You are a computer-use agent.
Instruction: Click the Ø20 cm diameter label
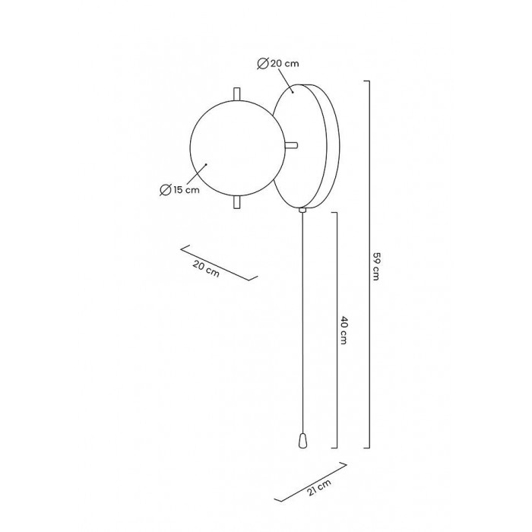(x=278, y=63)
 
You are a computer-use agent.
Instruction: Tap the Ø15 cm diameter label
(x=179, y=190)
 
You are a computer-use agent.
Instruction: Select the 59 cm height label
(x=375, y=266)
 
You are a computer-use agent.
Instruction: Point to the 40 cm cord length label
(x=344, y=330)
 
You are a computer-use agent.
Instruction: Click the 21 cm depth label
(x=319, y=487)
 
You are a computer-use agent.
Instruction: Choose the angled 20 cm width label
(x=206, y=268)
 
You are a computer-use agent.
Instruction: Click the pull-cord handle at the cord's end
(x=302, y=441)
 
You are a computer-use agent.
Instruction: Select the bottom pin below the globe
(x=237, y=202)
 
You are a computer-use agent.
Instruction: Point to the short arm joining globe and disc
(x=291, y=145)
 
